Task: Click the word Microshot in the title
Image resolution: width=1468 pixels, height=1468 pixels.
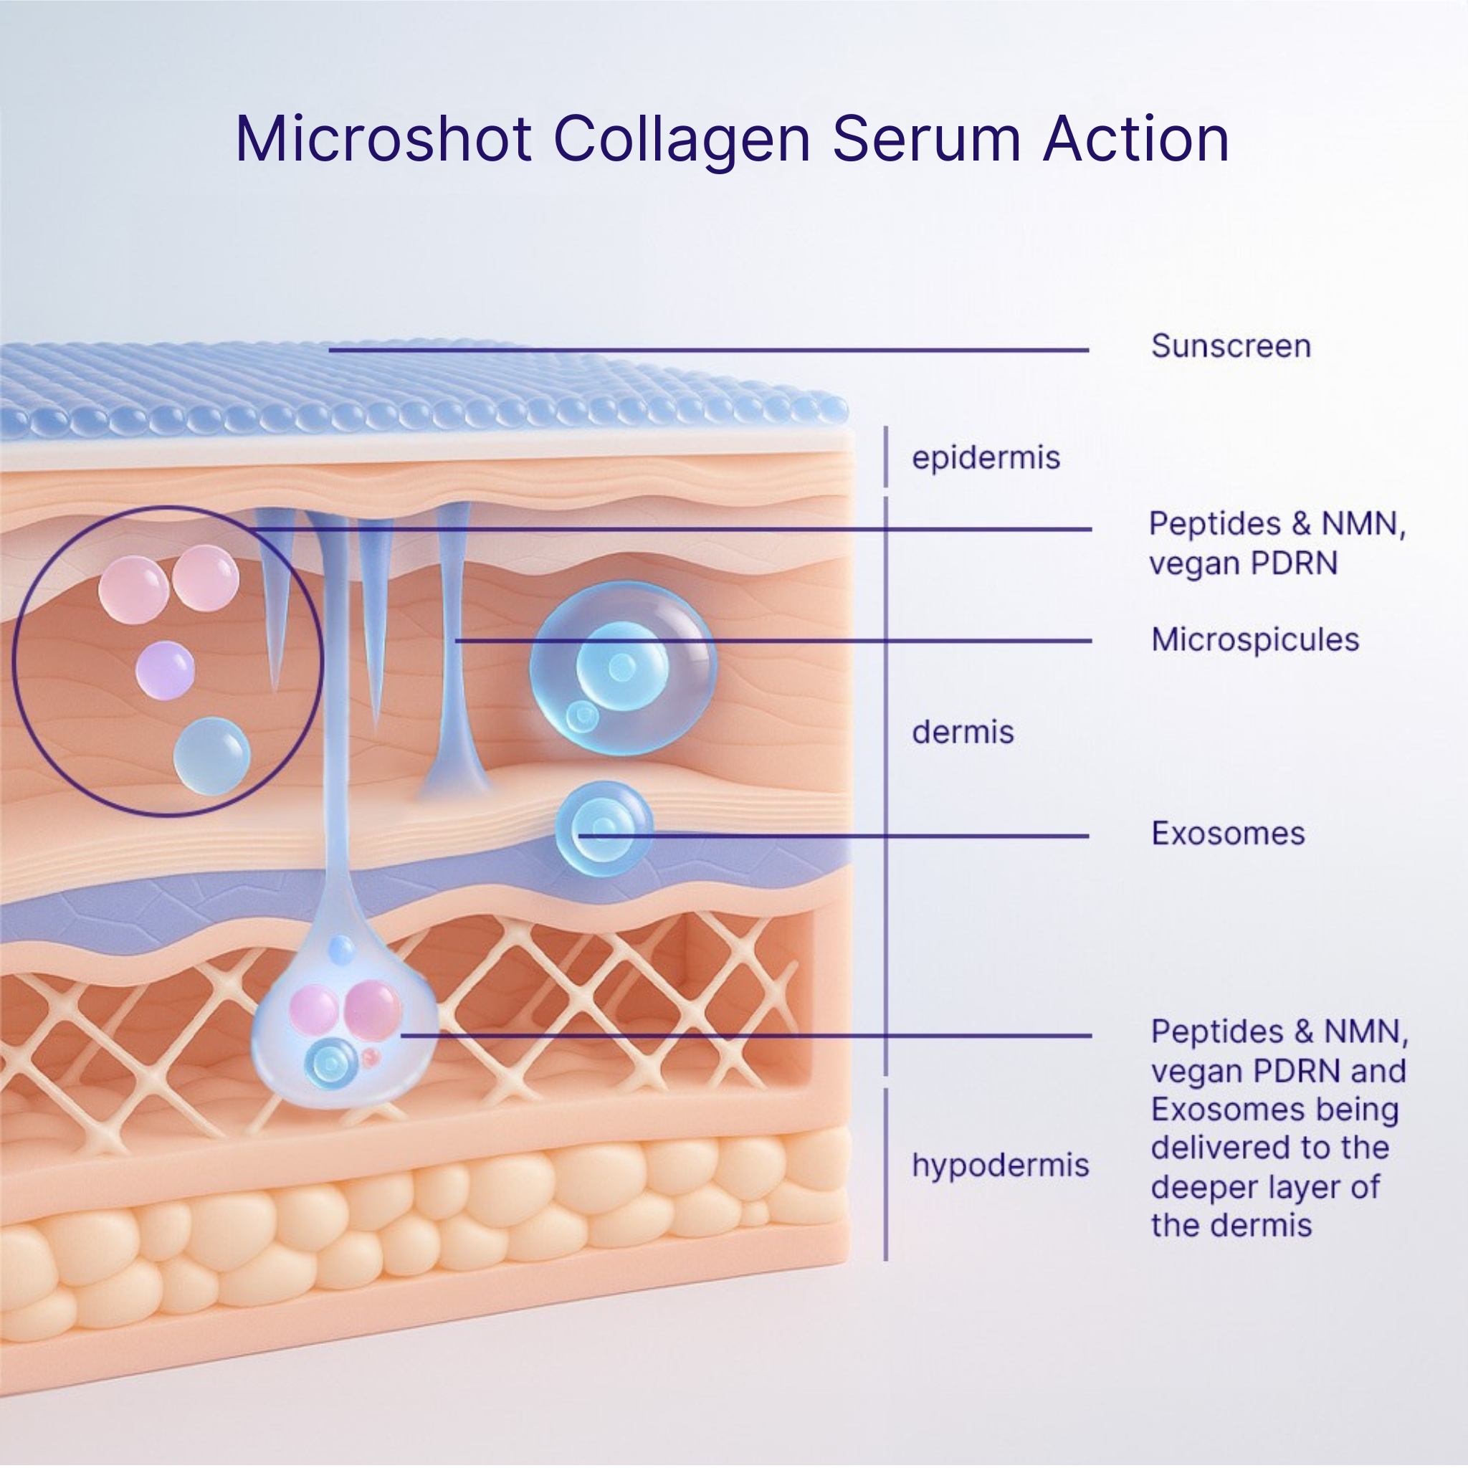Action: [x=383, y=139]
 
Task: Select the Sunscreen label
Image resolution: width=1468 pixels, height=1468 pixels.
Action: [x=1230, y=346]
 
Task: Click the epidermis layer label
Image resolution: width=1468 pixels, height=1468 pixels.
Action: [x=986, y=458]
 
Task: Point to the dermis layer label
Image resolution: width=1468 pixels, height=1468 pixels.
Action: [x=963, y=733]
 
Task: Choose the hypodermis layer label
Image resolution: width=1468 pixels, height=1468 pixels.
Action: [x=1000, y=1165]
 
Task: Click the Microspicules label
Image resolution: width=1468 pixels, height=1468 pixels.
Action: [x=1254, y=640]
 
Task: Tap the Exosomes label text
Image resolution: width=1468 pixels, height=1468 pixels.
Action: [x=1228, y=834]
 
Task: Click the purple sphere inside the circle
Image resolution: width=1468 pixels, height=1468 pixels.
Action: [x=165, y=670]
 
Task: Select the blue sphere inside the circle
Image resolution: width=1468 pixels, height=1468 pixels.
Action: [x=211, y=757]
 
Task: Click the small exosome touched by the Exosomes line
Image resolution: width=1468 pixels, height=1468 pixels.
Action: [x=604, y=828]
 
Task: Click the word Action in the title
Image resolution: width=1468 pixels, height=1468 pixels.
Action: [x=1136, y=139]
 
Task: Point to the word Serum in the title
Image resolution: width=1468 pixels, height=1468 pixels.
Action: [x=927, y=139]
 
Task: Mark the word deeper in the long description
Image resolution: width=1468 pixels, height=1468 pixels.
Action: [x=1197, y=1187]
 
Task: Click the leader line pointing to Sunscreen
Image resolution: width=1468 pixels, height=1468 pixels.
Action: [x=707, y=351]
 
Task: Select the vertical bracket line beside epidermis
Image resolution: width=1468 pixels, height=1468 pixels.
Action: [x=885, y=457]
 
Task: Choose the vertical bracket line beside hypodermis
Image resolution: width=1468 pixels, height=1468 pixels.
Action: [x=885, y=1174]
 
